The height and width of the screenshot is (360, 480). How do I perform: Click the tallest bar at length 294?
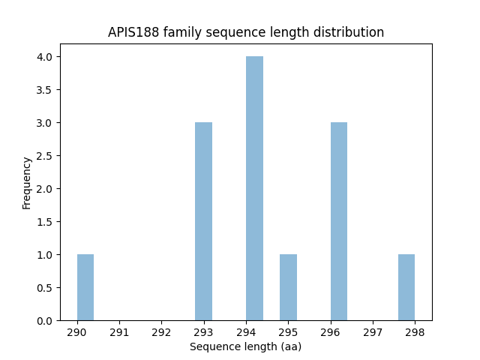[x=254, y=188]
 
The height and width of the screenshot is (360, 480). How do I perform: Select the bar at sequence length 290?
[x=85, y=287]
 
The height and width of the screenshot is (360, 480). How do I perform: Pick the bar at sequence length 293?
[x=203, y=221]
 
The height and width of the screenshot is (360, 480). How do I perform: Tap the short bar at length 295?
[x=288, y=287]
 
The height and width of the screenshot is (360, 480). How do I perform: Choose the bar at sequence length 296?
[x=339, y=221]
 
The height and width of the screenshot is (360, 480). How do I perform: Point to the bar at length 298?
[x=406, y=287]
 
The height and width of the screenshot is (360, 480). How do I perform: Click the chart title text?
[x=246, y=32]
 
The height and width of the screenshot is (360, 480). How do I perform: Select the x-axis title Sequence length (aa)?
[x=246, y=346]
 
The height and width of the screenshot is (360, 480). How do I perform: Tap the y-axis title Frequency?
[x=27, y=182]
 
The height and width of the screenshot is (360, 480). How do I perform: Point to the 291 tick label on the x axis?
[x=119, y=332]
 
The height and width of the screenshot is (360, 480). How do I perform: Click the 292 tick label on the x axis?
[x=161, y=332]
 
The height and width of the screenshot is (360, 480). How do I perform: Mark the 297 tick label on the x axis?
[x=373, y=332]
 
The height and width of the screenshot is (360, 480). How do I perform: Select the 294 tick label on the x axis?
[x=246, y=332]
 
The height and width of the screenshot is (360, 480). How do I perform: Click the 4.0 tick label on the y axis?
[x=45, y=57]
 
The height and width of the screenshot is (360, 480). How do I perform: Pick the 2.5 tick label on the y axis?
[x=45, y=156]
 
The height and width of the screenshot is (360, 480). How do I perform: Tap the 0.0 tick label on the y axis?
[x=45, y=321]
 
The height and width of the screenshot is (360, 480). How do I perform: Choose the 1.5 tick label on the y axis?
[x=45, y=222]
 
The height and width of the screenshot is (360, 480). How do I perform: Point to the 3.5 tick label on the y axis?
[x=45, y=90]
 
